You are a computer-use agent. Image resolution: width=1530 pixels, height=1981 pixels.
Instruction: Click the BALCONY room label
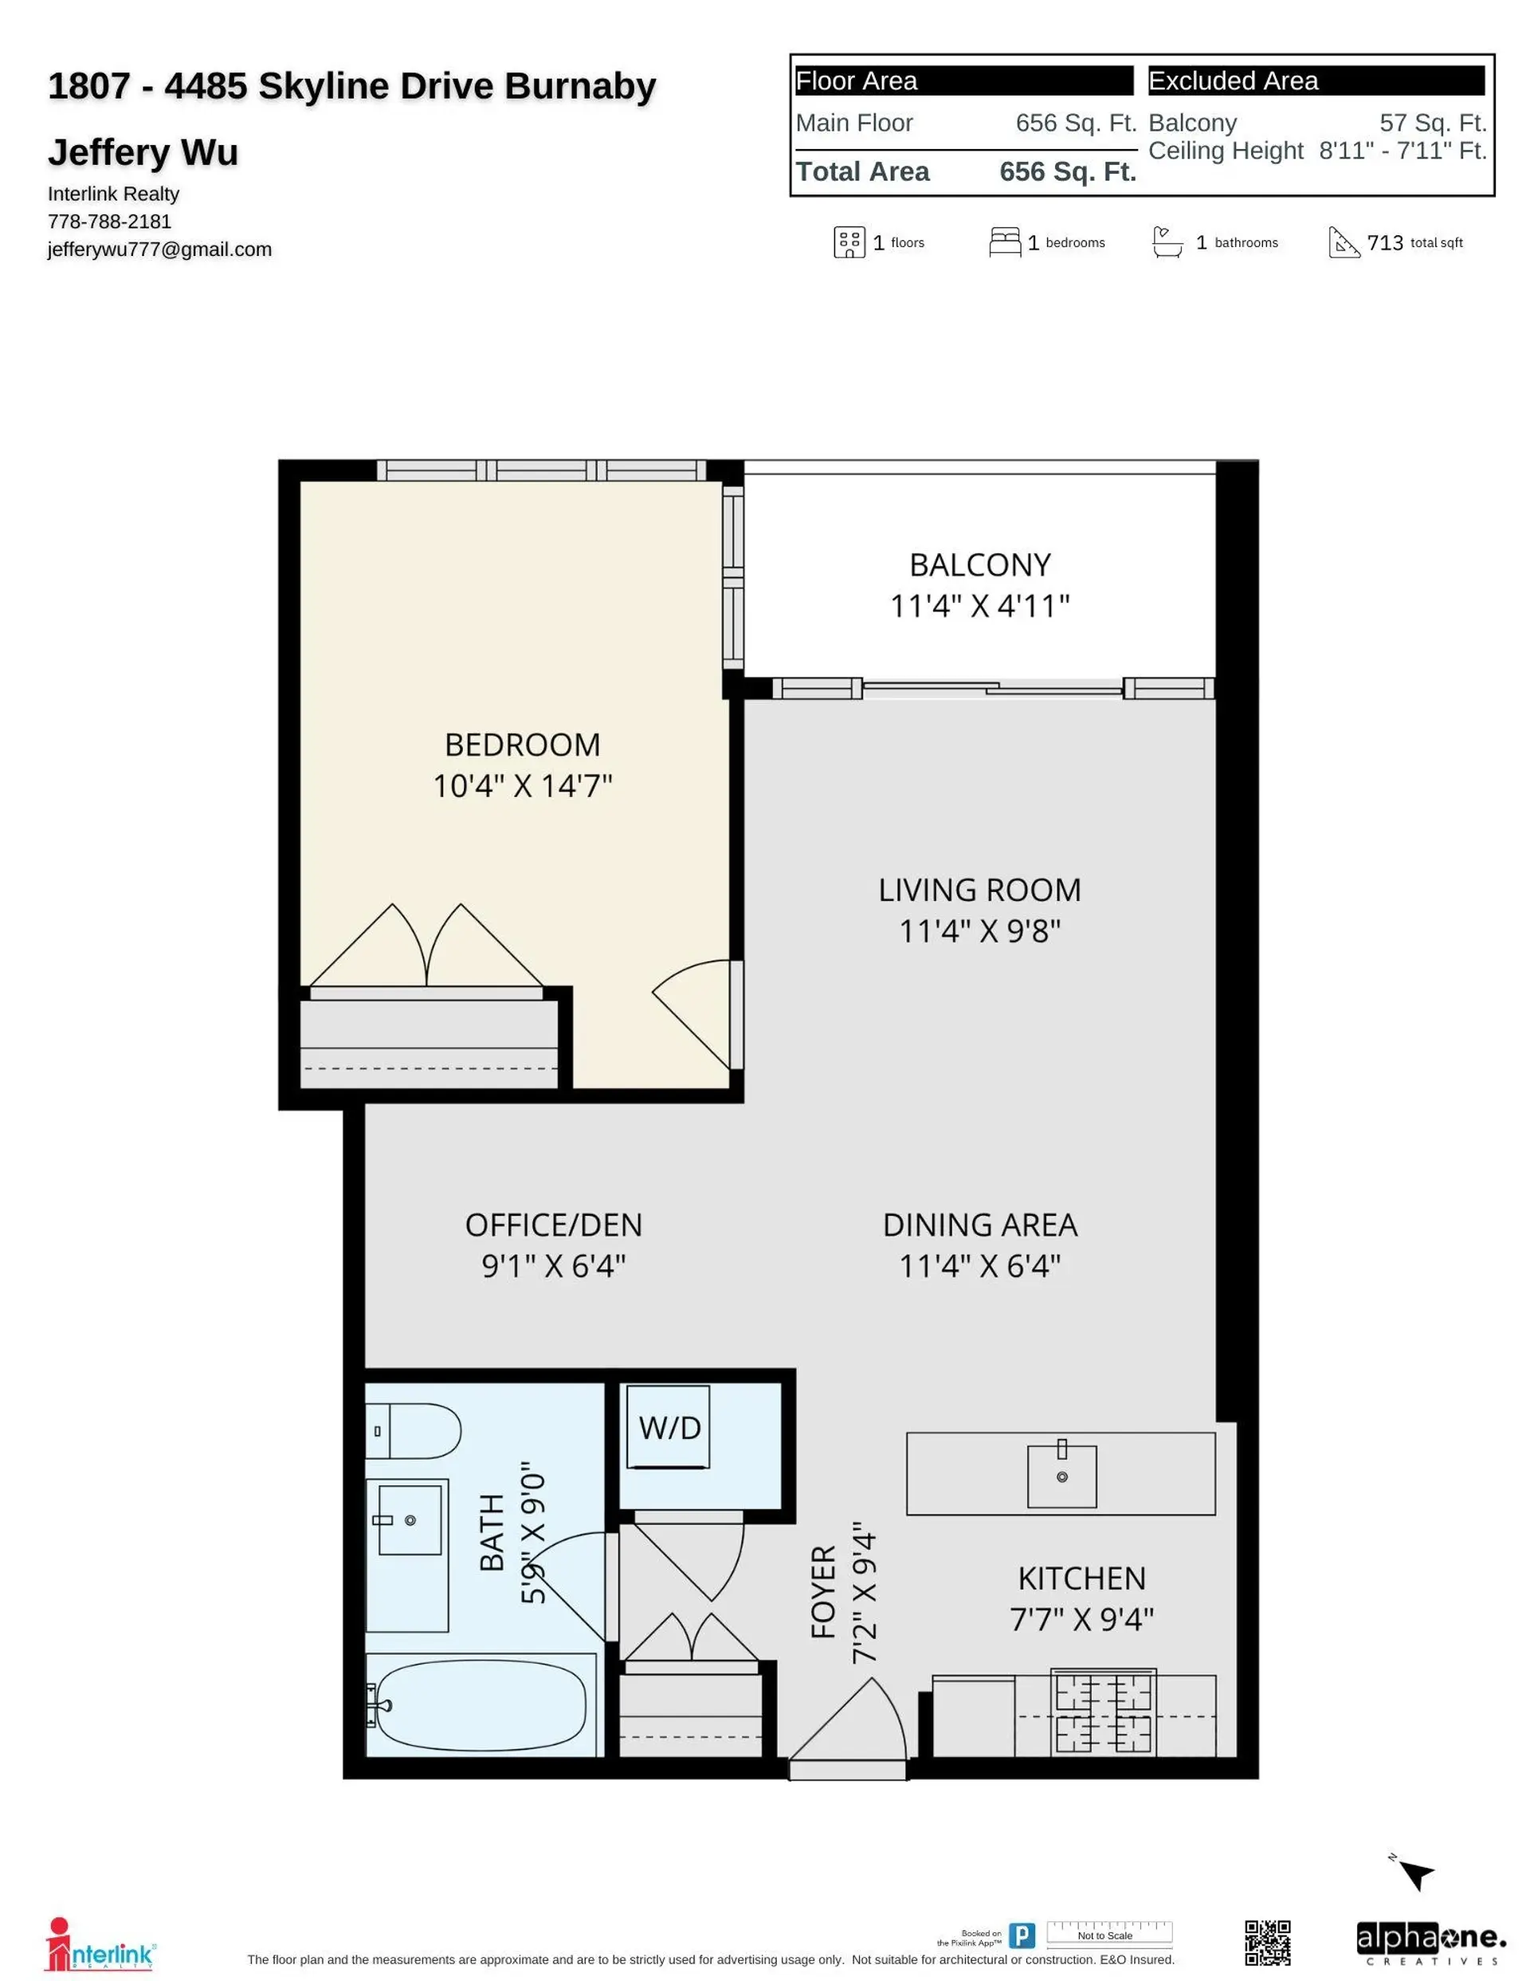pos(979,565)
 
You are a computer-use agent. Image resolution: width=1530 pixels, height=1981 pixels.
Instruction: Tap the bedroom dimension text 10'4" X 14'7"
pos(523,785)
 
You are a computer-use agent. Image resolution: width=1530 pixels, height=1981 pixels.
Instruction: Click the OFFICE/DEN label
pos(553,1225)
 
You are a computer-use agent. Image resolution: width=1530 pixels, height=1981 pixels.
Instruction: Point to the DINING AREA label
pos(979,1225)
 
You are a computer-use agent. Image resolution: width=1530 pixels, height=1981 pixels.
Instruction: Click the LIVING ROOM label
pos(979,890)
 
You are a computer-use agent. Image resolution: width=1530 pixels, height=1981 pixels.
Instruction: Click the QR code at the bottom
pos(1267,1943)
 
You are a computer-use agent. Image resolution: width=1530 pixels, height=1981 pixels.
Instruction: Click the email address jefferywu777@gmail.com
pos(159,250)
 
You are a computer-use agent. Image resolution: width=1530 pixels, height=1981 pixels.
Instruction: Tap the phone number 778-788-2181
pos(110,222)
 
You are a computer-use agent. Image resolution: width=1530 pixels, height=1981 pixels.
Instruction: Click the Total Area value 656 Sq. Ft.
pos(1068,171)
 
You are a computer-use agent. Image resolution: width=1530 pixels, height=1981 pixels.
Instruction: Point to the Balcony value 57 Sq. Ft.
pos(1432,123)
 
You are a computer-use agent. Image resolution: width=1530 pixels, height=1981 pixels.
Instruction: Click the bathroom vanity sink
pos(410,1520)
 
